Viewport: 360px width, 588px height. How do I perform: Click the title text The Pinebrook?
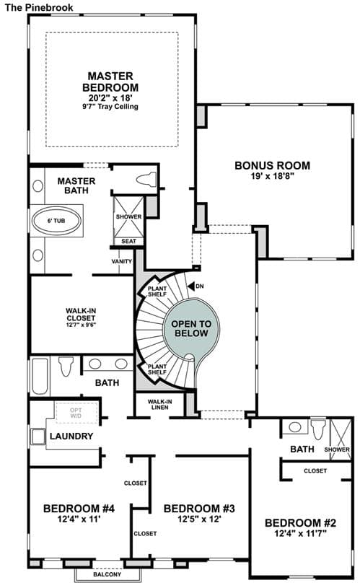click(39, 7)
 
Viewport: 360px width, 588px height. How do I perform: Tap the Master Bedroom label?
click(110, 82)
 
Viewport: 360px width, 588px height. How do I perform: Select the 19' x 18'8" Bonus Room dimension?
click(272, 176)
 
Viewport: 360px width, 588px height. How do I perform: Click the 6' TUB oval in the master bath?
click(56, 221)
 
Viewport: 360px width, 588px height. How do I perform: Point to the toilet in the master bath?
click(146, 179)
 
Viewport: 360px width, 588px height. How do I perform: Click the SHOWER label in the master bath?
click(128, 216)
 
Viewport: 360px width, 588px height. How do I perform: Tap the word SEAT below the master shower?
click(128, 241)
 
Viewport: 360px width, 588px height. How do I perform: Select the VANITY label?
click(122, 261)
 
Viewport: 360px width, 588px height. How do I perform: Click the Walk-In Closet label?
click(81, 315)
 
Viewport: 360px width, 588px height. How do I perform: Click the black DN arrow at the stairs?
click(191, 286)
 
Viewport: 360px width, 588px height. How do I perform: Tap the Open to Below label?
click(191, 328)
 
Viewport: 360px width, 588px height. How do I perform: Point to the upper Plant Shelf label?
click(157, 291)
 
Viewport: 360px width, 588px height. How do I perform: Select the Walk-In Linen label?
click(159, 404)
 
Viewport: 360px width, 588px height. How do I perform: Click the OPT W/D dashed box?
click(76, 413)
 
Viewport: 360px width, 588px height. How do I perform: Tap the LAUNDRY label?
click(71, 436)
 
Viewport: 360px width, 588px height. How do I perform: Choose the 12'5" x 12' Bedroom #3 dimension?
click(199, 519)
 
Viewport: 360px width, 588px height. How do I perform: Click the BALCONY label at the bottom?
click(107, 574)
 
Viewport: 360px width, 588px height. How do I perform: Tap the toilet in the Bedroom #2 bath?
click(318, 429)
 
